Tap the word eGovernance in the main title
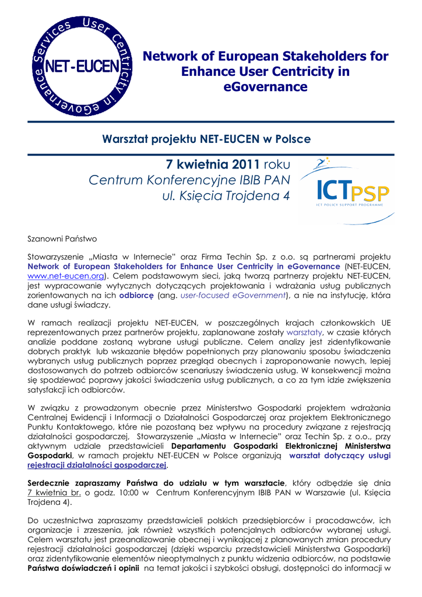[265, 87]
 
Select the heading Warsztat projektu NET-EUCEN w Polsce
[206, 139]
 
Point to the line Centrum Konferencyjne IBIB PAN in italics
[189, 180]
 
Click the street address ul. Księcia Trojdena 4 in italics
[226, 196]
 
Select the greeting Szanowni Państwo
[62, 239]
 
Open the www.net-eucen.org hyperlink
[66, 276]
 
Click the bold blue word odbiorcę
[136, 296]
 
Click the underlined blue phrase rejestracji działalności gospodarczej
[97, 465]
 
